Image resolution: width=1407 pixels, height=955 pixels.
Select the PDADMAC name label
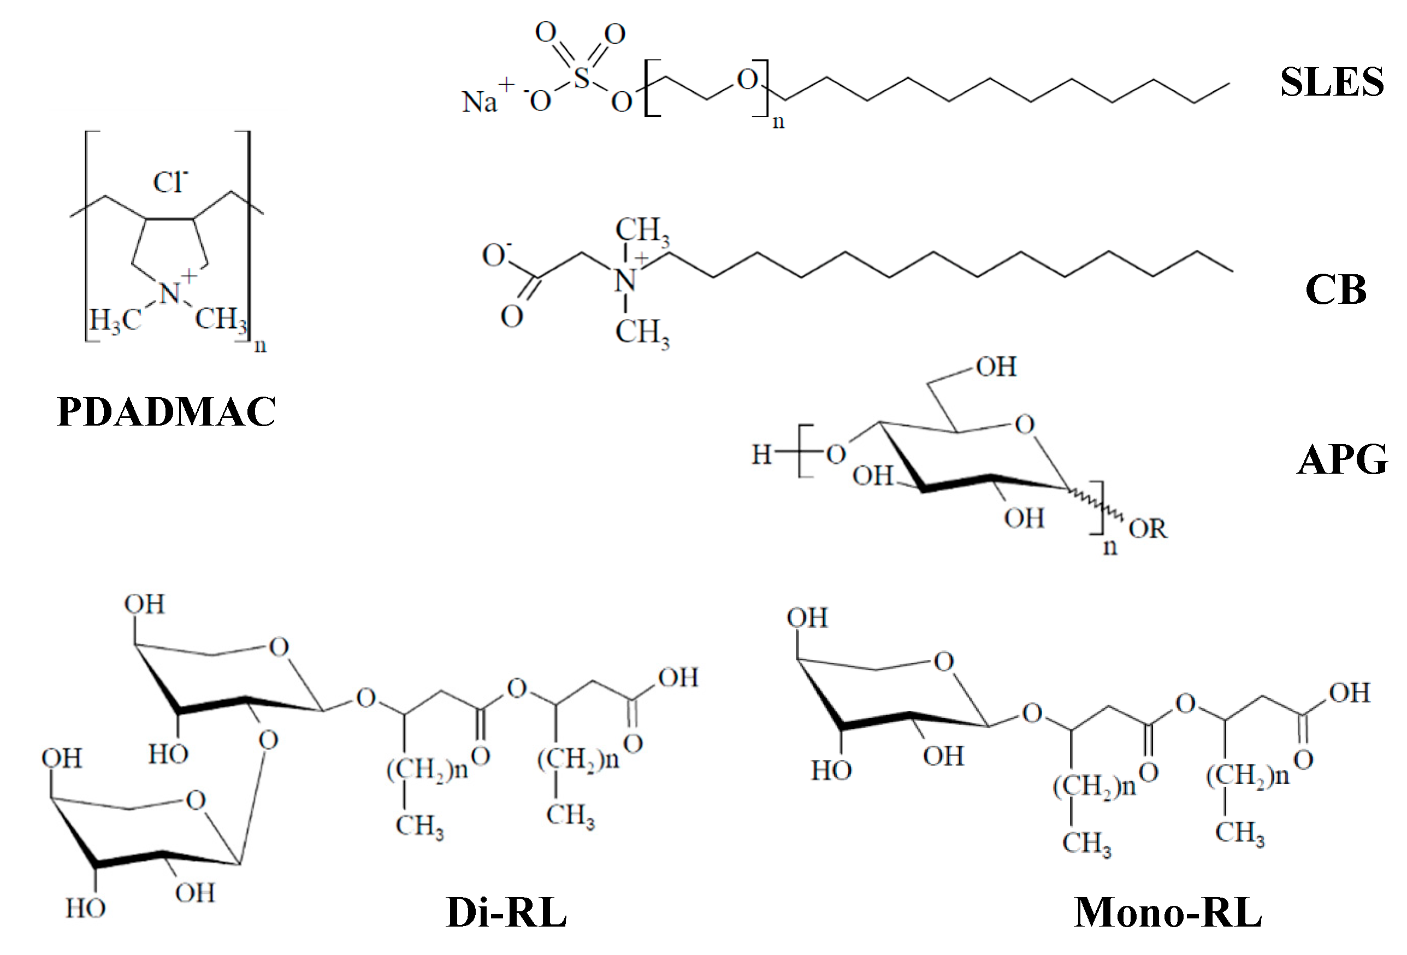pyautogui.click(x=167, y=412)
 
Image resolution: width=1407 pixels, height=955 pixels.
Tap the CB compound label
pyautogui.click(x=1335, y=290)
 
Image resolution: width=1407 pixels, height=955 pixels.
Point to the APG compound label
pyautogui.click(x=1342, y=459)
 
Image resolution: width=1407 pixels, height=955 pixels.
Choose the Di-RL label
pyautogui.click(x=506, y=912)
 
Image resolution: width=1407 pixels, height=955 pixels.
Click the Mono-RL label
pyautogui.click(x=1167, y=912)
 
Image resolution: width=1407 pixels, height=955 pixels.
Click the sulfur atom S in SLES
pyautogui.click(x=581, y=78)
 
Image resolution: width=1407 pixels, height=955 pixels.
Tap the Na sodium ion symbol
pyautogui.click(x=480, y=102)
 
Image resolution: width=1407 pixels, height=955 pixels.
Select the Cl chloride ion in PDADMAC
pyautogui.click(x=170, y=182)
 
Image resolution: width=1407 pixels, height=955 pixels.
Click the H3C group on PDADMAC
pyautogui.click(x=115, y=319)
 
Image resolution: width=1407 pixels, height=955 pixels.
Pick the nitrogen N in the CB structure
pyautogui.click(x=625, y=280)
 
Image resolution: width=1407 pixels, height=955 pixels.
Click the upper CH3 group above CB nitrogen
pyautogui.click(x=642, y=231)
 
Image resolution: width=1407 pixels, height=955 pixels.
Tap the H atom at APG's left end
pyautogui.click(x=761, y=454)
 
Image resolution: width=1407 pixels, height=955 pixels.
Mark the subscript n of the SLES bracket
pyautogui.click(x=778, y=122)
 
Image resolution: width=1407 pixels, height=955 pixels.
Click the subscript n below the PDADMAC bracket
pyautogui.click(x=260, y=346)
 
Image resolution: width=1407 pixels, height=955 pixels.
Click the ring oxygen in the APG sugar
pyautogui.click(x=1024, y=425)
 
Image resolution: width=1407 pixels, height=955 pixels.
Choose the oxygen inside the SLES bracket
pyautogui.click(x=748, y=79)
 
